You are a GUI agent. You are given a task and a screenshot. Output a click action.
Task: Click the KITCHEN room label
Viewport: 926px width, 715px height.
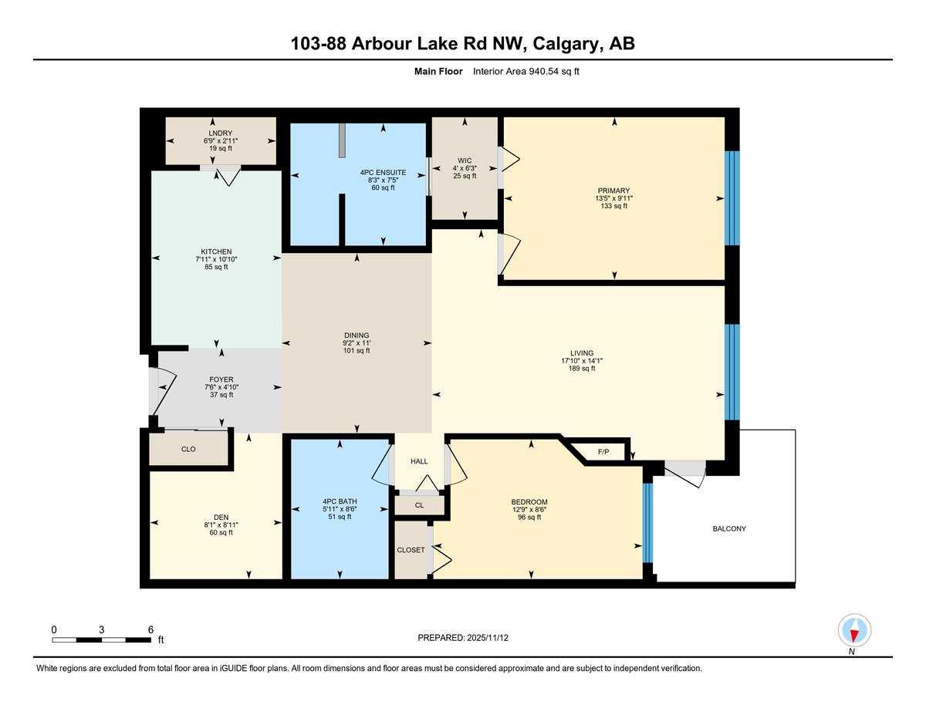(x=216, y=251)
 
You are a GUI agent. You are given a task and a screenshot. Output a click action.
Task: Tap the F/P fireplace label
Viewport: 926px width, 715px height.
(x=603, y=452)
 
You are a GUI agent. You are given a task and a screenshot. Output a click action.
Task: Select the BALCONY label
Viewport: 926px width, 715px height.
(x=729, y=528)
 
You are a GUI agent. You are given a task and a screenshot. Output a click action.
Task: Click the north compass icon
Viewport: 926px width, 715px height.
(x=854, y=631)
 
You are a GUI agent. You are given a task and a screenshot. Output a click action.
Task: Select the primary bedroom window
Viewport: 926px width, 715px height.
(x=732, y=198)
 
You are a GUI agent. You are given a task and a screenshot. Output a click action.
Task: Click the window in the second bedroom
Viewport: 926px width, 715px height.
(x=648, y=523)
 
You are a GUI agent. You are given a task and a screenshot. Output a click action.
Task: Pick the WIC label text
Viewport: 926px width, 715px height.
(x=464, y=160)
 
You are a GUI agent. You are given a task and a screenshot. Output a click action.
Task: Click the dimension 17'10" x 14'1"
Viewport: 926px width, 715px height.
(x=577, y=360)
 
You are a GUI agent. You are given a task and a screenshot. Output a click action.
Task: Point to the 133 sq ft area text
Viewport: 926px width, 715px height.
(x=613, y=206)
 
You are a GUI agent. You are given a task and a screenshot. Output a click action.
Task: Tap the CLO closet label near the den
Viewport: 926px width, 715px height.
(x=188, y=449)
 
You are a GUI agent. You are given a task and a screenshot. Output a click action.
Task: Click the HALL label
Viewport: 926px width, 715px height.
(x=419, y=461)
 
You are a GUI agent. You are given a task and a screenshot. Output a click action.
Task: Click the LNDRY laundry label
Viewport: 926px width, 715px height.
(x=221, y=133)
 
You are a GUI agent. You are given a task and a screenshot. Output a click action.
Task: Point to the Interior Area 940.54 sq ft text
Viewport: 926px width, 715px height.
(x=526, y=72)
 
